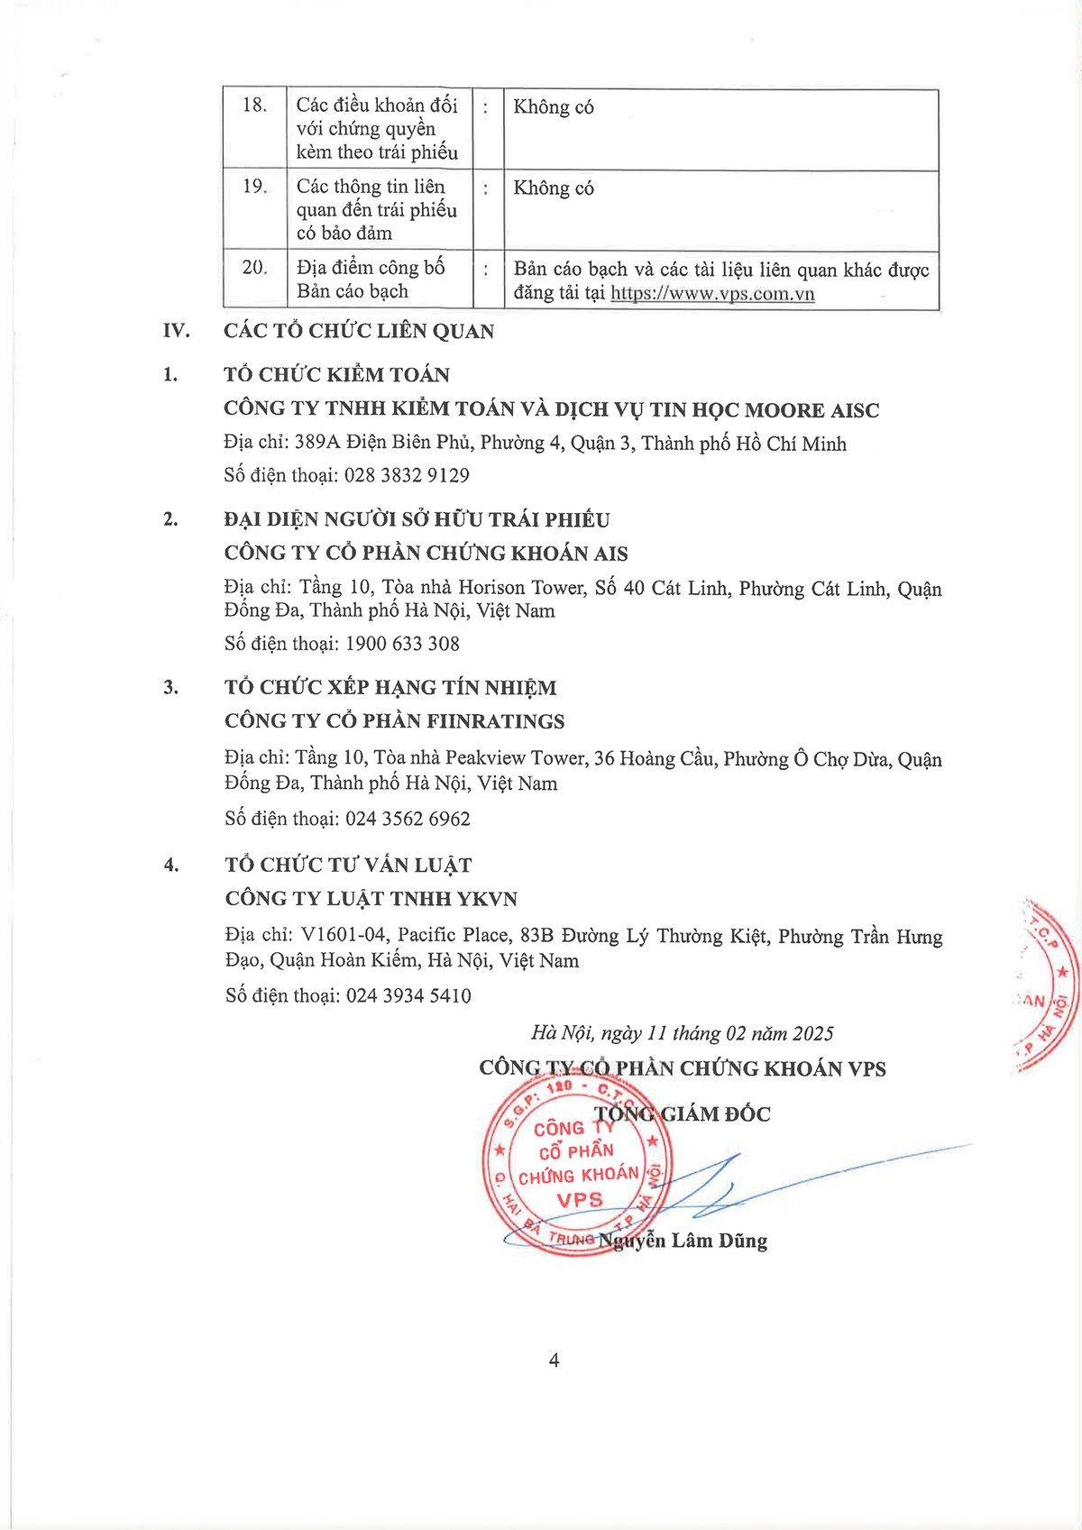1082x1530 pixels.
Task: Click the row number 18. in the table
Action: (x=254, y=105)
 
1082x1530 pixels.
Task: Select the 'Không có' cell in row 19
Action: (x=554, y=188)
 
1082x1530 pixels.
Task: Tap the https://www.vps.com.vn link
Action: (x=712, y=294)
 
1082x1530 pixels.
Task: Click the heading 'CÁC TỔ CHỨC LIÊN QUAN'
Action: (x=359, y=331)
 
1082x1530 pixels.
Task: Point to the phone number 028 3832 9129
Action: (x=407, y=475)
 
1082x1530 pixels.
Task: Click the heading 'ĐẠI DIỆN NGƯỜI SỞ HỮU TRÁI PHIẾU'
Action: (x=417, y=519)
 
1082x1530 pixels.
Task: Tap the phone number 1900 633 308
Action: (x=402, y=644)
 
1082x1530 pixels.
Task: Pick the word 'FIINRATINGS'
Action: (x=495, y=721)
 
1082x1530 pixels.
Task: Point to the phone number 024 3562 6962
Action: (x=408, y=819)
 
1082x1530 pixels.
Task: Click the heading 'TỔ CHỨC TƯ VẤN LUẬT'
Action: (x=348, y=865)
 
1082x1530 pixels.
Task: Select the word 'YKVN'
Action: (x=487, y=899)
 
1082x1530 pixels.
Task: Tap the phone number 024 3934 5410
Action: (x=408, y=995)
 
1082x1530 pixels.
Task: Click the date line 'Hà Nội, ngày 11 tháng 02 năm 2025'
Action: (x=682, y=1033)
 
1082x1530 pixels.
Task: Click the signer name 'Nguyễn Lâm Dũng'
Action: (x=684, y=1241)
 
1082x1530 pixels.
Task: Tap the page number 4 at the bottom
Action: (x=554, y=1361)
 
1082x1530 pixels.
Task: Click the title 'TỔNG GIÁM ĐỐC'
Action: (x=683, y=1114)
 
